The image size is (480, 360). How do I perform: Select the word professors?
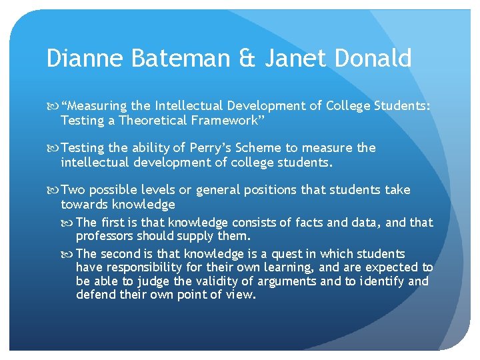pyautogui.click(x=105, y=237)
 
